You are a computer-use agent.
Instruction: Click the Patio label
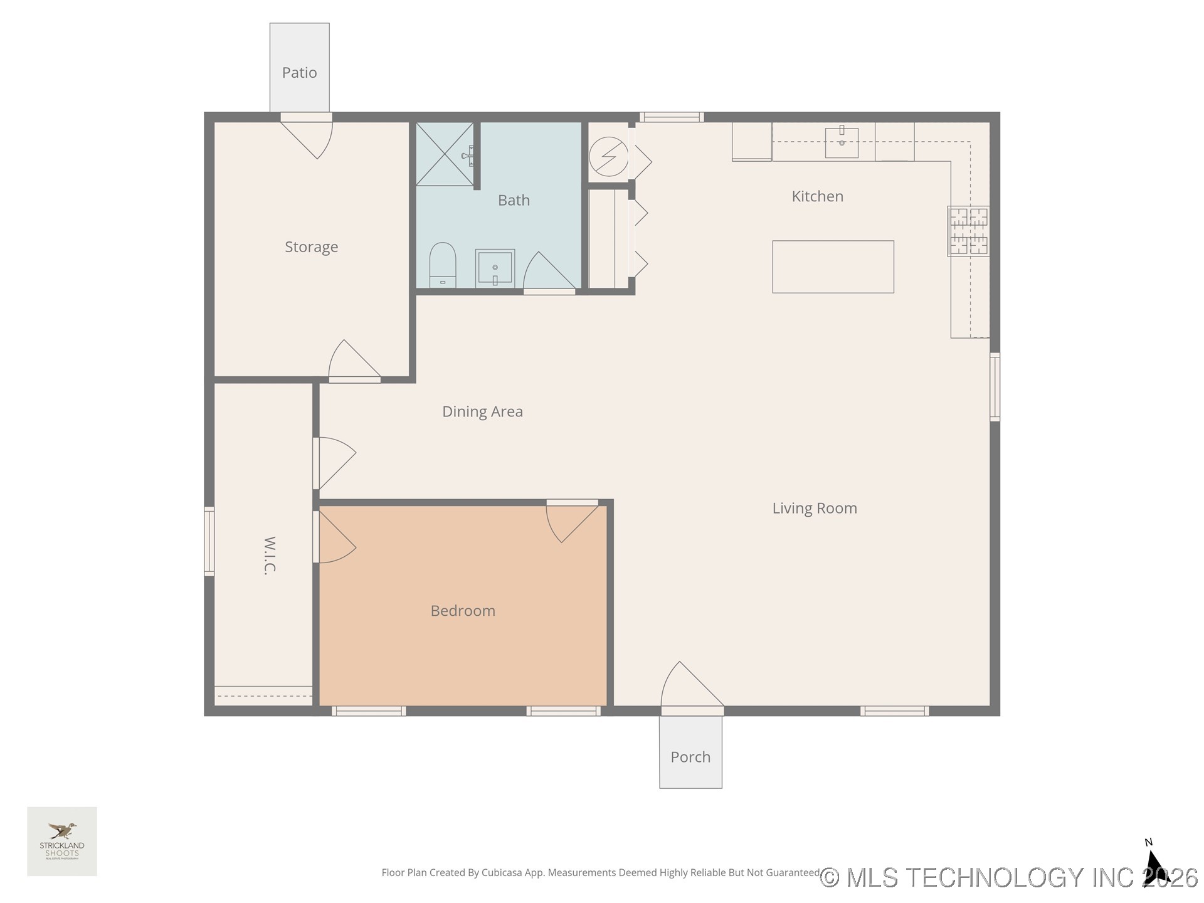(299, 73)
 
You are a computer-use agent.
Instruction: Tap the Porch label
(690, 757)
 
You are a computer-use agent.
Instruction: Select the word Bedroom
(463, 611)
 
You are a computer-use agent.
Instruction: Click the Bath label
(514, 201)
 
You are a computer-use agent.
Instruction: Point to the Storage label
(311, 247)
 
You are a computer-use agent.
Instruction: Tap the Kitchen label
(817, 196)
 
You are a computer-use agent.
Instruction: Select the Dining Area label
(482, 411)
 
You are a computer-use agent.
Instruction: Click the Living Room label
(814, 509)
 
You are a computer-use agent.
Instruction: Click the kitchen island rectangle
(833, 267)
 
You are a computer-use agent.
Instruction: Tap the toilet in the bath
(443, 265)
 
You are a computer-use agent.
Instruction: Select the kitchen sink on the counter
(842, 142)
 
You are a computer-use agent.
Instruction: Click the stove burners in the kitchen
(968, 231)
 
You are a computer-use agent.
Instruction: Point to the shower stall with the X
(445, 154)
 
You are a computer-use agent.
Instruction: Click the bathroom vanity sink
(495, 268)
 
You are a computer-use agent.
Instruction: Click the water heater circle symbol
(608, 156)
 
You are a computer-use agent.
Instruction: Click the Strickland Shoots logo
(62, 841)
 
